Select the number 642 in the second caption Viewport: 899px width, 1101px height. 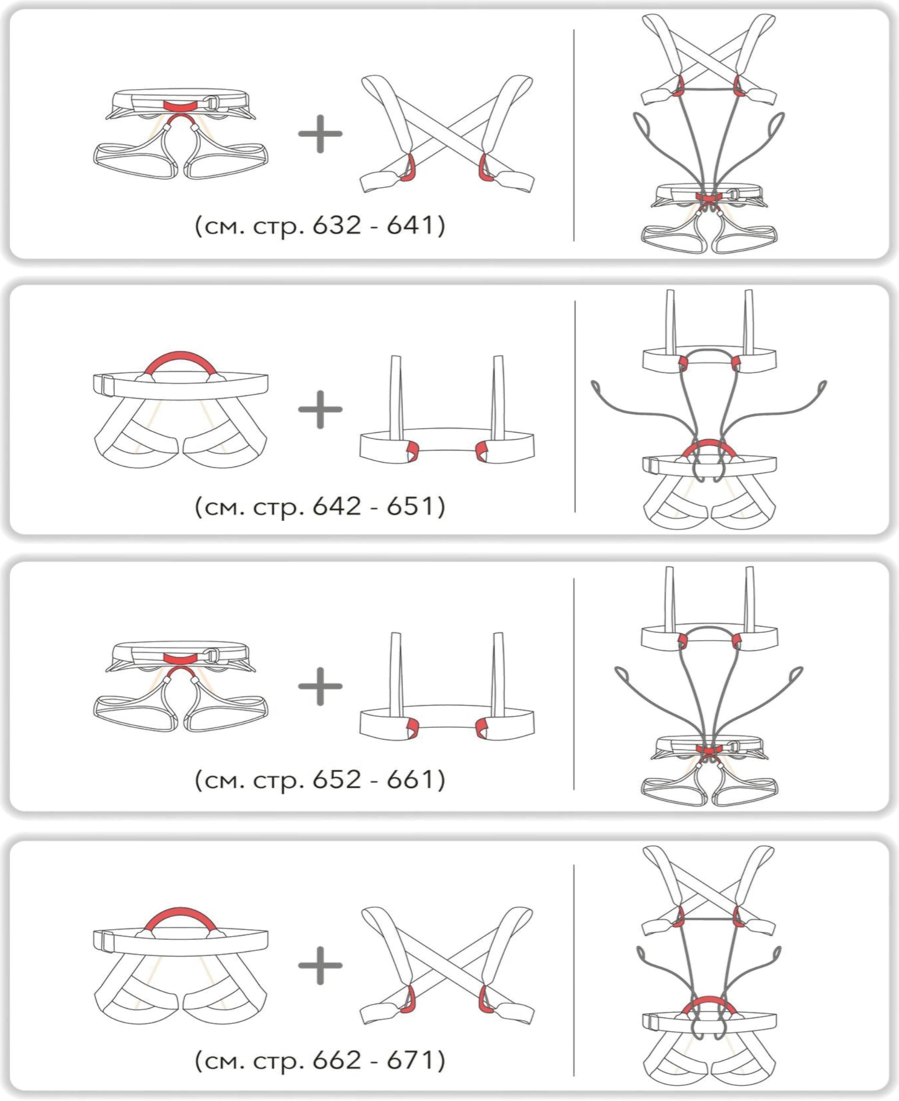pyautogui.click(x=336, y=506)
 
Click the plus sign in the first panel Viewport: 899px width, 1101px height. pyautogui.click(x=320, y=133)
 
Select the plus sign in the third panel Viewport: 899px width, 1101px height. pyautogui.click(x=320, y=686)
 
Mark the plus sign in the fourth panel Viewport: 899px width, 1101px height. pyautogui.click(x=320, y=965)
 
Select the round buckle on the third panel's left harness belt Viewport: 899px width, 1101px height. pyautogui.click(x=213, y=656)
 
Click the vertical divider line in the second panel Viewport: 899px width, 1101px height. pyautogui.click(x=575, y=407)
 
